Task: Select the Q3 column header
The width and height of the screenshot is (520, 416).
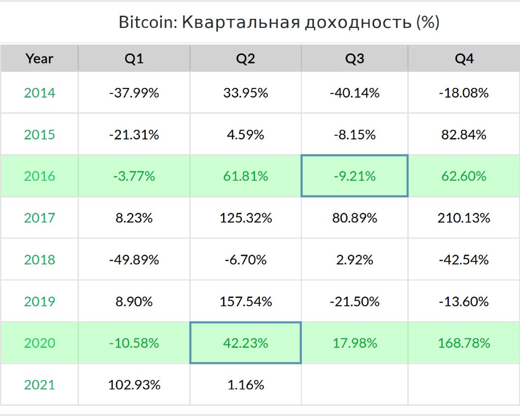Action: pos(354,59)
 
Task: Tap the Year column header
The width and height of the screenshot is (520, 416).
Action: pos(39,59)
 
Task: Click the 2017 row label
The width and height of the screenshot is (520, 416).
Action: pos(39,218)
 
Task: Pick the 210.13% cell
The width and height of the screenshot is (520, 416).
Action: pos(464,218)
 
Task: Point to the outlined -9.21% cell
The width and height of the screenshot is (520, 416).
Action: pos(354,176)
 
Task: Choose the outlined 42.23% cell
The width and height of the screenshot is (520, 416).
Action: pos(245,343)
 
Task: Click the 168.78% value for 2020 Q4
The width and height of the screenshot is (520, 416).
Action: pos(464,343)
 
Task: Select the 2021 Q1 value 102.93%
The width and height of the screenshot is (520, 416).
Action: pos(134,385)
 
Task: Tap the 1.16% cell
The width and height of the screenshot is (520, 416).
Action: pos(245,385)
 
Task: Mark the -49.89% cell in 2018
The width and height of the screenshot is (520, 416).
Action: pos(134,260)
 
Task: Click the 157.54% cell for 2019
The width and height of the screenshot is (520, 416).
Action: pos(245,301)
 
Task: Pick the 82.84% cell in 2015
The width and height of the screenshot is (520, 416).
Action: pos(464,135)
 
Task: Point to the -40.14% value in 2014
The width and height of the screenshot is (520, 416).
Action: pos(354,93)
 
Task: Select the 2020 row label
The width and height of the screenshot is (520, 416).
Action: pos(39,343)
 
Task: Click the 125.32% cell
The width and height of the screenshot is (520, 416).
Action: pos(245,218)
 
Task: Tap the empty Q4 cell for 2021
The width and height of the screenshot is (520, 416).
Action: pos(464,385)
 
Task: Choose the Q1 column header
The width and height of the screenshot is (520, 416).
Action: pos(134,59)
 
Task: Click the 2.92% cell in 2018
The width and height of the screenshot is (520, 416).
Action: pos(354,260)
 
